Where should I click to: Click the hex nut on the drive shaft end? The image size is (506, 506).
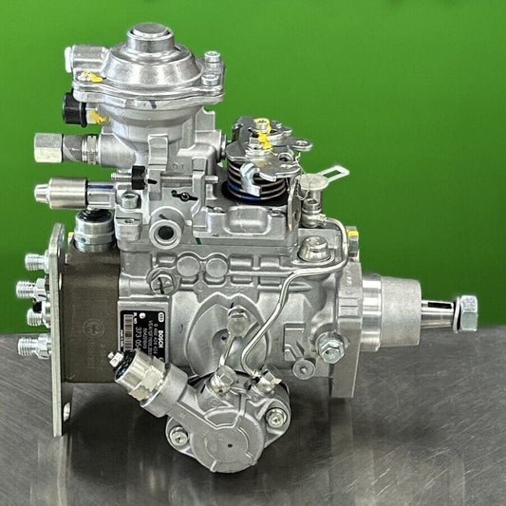465,312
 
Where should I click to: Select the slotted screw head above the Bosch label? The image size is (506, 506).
162,281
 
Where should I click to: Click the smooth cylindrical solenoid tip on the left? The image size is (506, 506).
45,194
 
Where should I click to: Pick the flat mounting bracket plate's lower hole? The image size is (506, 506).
66,411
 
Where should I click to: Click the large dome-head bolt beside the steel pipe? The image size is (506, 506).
313,249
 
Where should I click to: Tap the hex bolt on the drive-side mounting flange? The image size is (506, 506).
330,348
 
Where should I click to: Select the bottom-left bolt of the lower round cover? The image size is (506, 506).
178,436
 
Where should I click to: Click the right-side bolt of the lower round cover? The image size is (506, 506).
275,417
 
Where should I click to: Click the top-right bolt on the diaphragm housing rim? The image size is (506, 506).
212,61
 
